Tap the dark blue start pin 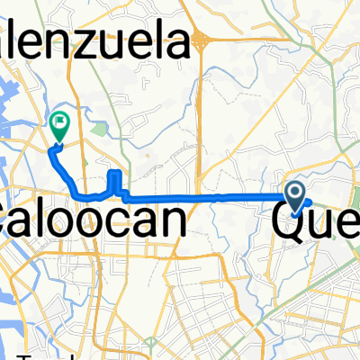point(295,192)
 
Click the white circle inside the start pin point(295,190)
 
